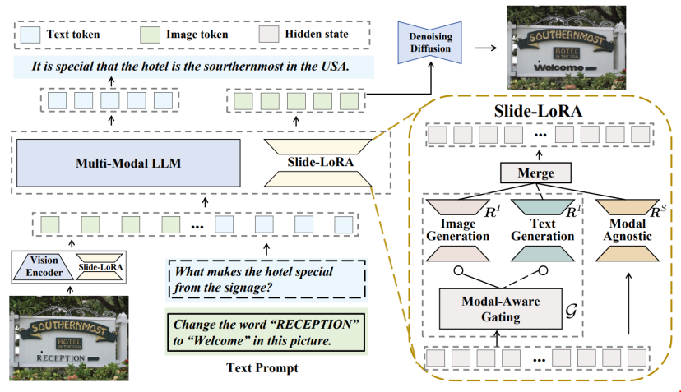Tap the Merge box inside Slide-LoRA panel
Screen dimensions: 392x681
click(536, 173)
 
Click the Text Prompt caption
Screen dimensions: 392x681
click(262, 367)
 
